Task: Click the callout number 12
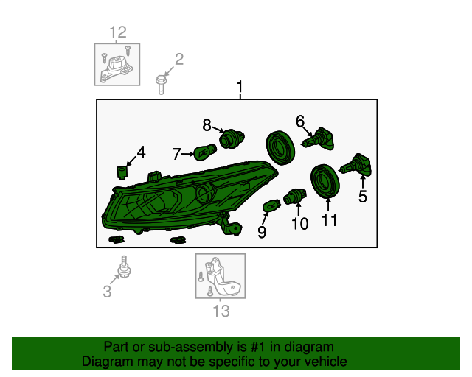118,32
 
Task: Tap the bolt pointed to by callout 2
161,85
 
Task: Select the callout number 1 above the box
240,87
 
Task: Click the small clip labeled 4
122,172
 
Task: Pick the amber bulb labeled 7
206,152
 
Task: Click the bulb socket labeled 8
232,138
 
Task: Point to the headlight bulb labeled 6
318,139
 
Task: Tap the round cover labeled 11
324,181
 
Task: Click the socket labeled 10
295,197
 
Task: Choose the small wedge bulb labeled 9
271,207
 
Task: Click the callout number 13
221,311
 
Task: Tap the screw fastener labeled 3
124,267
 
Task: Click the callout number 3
107,292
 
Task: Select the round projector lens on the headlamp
206,194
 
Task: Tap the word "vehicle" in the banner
327,362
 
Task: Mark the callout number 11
330,220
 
